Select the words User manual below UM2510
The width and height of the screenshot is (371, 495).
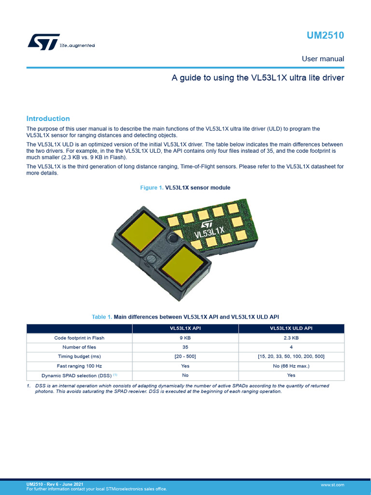tap(323, 59)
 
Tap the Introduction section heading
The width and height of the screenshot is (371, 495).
tap(48, 118)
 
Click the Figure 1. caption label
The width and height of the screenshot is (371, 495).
tap(152, 188)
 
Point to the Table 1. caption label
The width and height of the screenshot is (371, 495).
tap(102, 317)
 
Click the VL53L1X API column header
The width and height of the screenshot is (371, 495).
tap(185, 329)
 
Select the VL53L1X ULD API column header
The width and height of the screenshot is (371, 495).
tap(291, 329)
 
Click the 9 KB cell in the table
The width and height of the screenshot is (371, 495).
tap(185, 338)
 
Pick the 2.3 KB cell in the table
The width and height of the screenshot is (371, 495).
tap(291, 338)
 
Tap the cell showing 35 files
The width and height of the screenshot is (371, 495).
tap(185, 347)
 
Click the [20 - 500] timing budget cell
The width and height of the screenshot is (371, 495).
tap(185, 356)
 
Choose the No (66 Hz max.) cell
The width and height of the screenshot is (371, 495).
tap(291, 366)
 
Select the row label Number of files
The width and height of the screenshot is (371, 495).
tap(79, 347)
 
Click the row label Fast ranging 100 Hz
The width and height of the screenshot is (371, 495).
tap(79, 366)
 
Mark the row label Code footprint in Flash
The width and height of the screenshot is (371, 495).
tap(79, 338)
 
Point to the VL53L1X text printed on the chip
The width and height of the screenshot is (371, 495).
tap(210, 235)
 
